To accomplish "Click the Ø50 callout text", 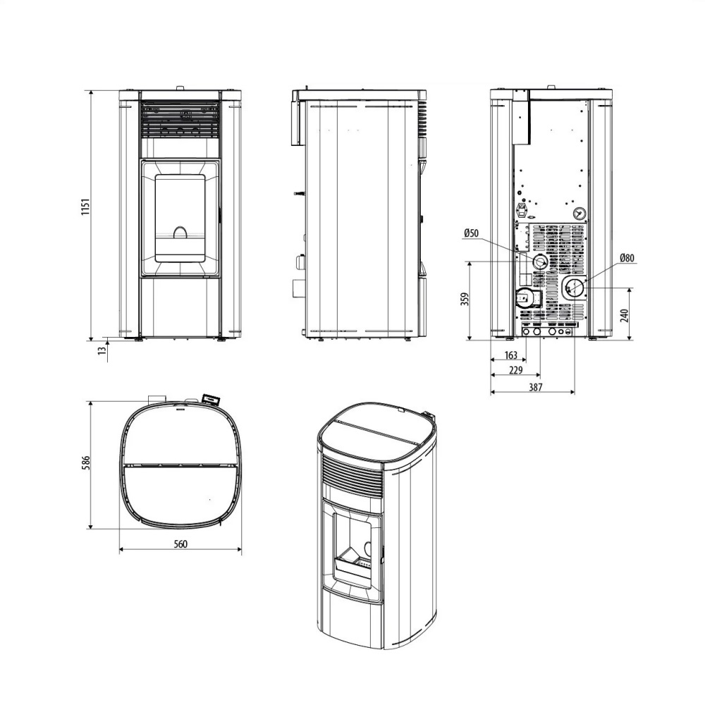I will click(x=472, y=233).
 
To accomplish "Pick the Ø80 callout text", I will click(x=627, y=259).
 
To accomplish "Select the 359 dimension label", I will click(x=464, y=300).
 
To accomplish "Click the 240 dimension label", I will click(x=624, y=314).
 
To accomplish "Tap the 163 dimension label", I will click(x=511, y=355).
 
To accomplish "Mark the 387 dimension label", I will click(x=534, y=387).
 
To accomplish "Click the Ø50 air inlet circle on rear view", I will click(x=540, y=262).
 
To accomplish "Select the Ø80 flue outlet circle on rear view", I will click(x=575, y=287).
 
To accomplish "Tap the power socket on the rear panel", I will click(x=524, y=209).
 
